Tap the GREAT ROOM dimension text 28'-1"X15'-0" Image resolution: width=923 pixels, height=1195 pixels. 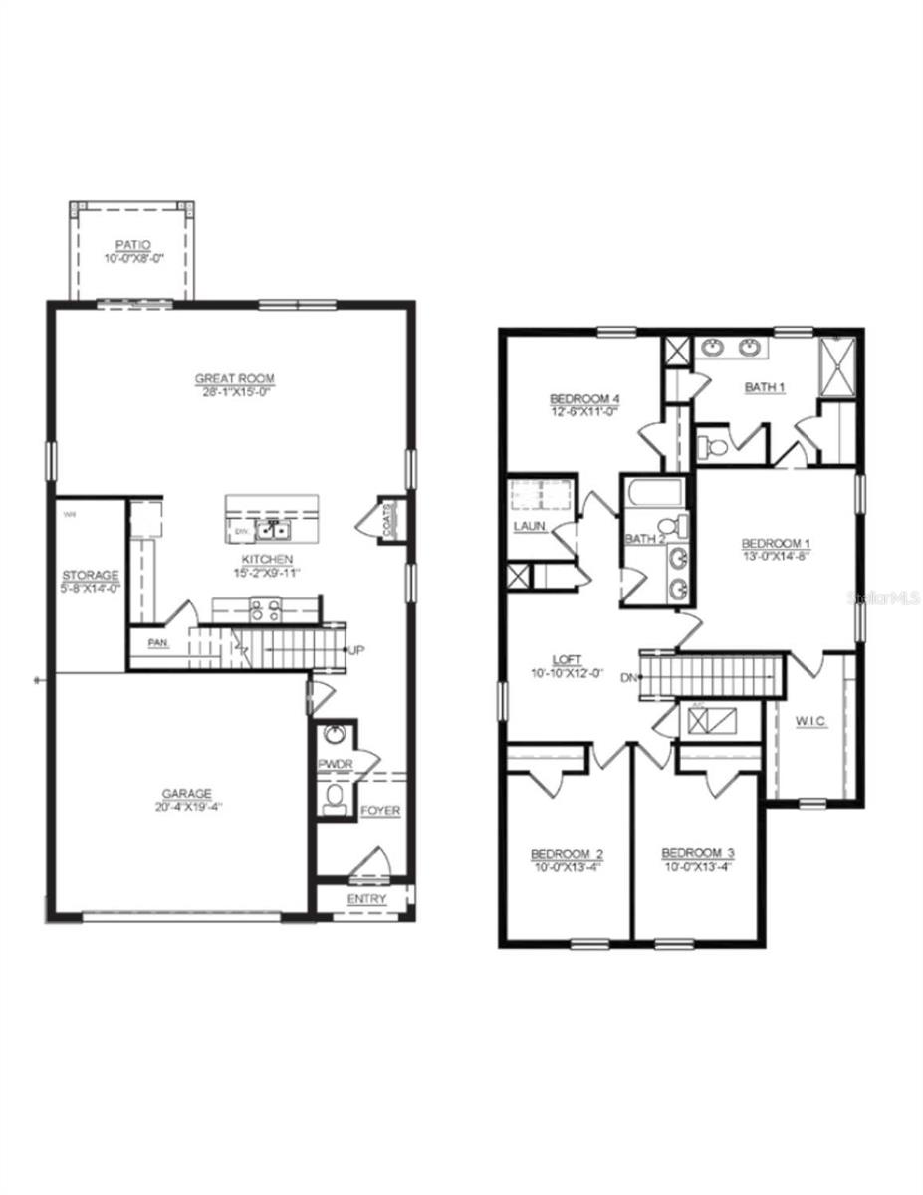click(234, 392)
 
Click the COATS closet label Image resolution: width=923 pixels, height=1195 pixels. click(389, 519)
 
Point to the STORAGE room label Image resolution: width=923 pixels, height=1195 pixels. click(91, 576)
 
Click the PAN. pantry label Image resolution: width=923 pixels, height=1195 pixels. click(158, 643)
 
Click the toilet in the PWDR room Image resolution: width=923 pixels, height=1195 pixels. click(336, 796)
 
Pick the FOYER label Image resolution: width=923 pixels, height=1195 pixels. click(380, 811)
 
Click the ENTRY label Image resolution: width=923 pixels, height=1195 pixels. click(366, 899)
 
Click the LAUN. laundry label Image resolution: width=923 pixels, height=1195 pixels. click(529, 525)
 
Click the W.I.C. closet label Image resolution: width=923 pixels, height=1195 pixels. click(811, 721)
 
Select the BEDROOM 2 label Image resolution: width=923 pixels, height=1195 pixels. click(567, 854)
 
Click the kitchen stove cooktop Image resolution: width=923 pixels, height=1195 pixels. click(266, 608)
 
